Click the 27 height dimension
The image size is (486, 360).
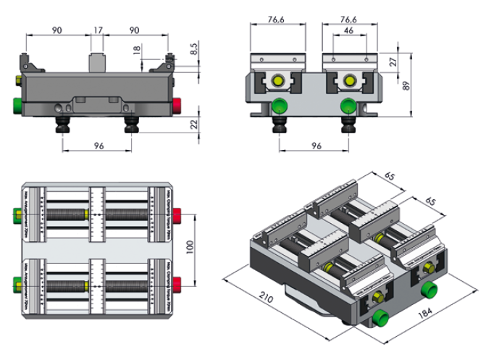[x=393, y=62]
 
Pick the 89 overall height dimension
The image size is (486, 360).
[x=407, y=85]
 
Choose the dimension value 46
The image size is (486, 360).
[x=349, y=30]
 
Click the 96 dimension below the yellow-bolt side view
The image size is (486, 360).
[x=316, y=146]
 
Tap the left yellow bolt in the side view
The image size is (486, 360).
[x=277, y=80]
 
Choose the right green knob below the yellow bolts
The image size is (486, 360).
[x=348, y=108]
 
